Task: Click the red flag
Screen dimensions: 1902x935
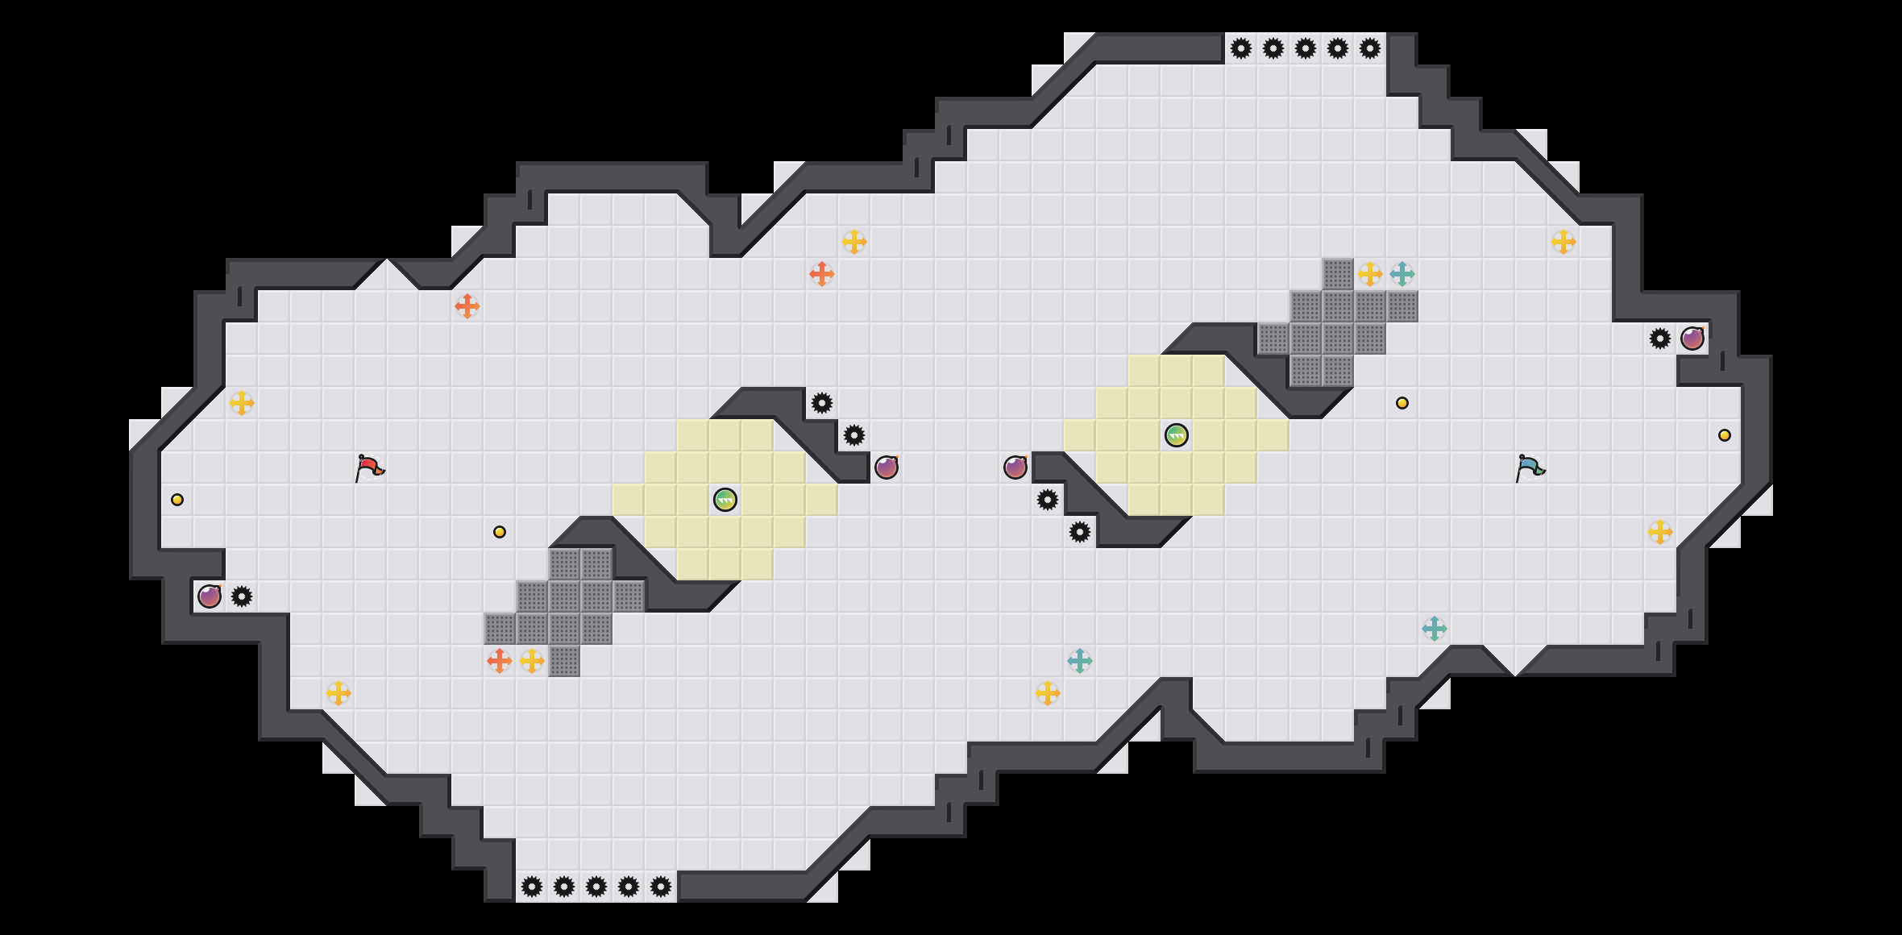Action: pos(369,467)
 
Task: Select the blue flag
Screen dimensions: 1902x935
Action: pos(1530,467)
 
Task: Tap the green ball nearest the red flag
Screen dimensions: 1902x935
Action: pos(725,500)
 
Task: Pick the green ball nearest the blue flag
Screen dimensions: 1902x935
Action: pos(1177,435)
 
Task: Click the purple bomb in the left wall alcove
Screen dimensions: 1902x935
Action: pos(210,596)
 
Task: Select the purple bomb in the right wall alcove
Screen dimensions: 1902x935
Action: pos(1692,339)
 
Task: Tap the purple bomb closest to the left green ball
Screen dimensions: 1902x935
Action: pos(887,467)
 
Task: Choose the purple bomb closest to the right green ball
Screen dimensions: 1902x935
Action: pos(1015,467)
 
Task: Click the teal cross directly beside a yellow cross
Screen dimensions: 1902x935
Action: pos(1402,274)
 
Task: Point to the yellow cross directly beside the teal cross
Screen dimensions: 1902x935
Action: pos(1370,274)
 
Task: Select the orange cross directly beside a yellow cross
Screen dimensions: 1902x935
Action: pos(500,661)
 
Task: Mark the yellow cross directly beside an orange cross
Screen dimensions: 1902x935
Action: pos(532,661)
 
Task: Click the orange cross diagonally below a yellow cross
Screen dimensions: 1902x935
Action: pos(822,274)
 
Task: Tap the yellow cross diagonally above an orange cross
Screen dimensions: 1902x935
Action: pos(854,242)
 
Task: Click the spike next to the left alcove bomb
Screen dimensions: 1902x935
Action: pos(242,596)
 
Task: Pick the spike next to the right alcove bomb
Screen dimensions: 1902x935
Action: pos(1660,339)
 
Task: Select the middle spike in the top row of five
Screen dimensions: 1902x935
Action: pos(1306,48)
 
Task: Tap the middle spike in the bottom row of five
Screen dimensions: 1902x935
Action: pos(596,887)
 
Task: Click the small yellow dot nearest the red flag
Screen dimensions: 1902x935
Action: pos(500,532)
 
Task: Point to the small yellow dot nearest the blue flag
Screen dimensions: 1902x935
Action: pos(1402,403)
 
